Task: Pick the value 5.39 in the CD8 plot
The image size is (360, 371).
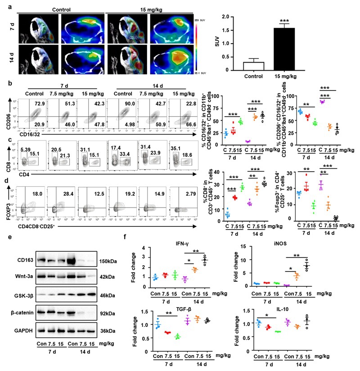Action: pyautogui.click(x=26, y=137)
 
